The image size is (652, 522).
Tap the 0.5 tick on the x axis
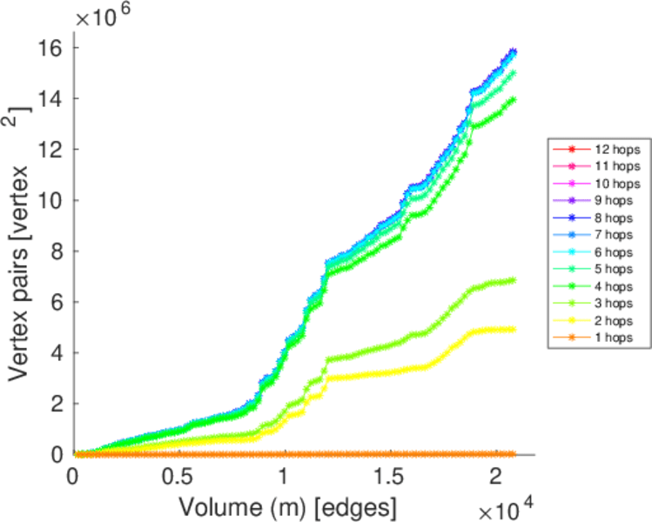tap(178, 478)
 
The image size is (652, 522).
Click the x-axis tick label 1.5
tap(388, 478)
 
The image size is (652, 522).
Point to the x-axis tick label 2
tap(494, 478)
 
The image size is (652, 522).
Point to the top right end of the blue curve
tap(514, 51)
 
